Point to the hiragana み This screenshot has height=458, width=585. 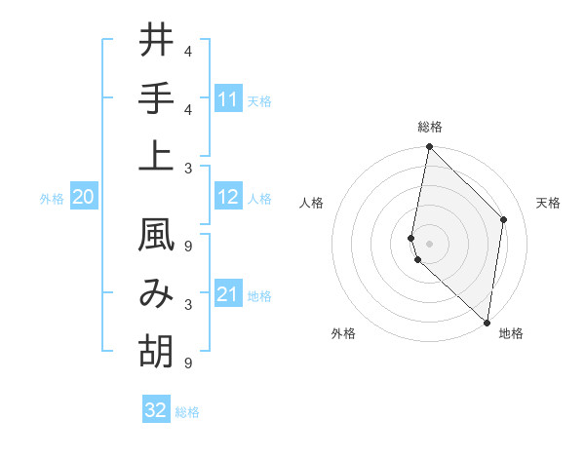pyautogui.click(x=156, y=293)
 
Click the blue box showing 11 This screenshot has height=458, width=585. pyautogui.click(x=228, y=99)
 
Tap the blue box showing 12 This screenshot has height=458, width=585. pyautogui.click(x=228, y=198)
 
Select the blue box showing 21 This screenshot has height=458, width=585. pyautogui.click(x=228, y=294)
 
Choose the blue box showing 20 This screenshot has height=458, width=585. pyautogui.click(x=84, y=198)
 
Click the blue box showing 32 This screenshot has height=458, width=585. pyautogui.click(x=156, y=410)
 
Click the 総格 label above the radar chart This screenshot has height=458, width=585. pyautogui.click(x=430, y=127)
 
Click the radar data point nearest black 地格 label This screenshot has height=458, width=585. pyautogui.click(x=487, y=322)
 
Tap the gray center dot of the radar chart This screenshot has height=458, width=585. pyautogui.click(x=430, y=243)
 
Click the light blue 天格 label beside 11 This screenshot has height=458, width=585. pyautogui.click(x=259, y=100)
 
